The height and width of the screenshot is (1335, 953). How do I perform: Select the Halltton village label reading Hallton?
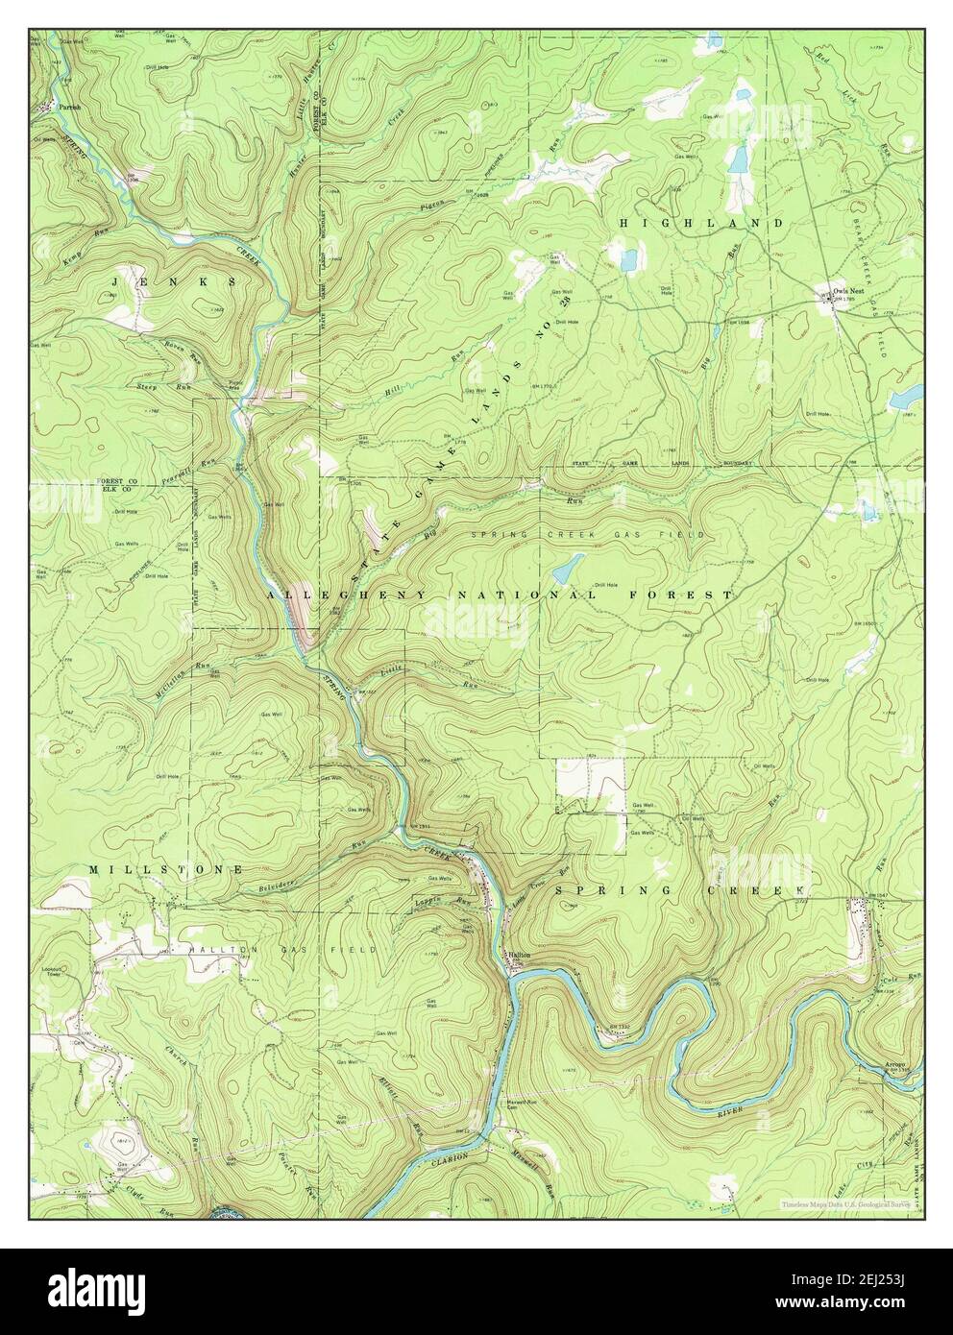pyautogui.click(x=520, y=953)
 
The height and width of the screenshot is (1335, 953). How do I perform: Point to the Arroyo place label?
pyautogui.click(x=895, y=1065)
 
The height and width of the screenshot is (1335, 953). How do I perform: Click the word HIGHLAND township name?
pyautogui.click(x=700, y=223)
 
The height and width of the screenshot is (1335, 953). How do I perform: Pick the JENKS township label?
pyautogui.click(x=174, y=282)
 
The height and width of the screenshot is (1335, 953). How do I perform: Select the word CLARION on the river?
pyautogui.click(x=450, y=1156)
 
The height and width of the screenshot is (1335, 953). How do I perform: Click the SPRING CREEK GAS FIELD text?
pyautogui.click(x=588, y=534)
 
